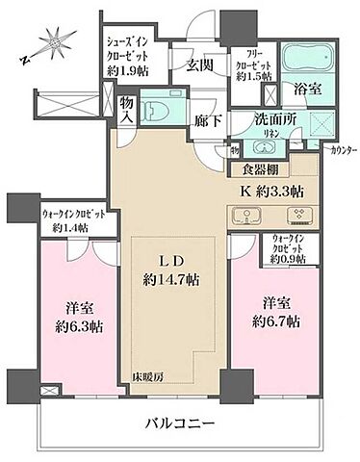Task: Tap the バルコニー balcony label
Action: point(180,423)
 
